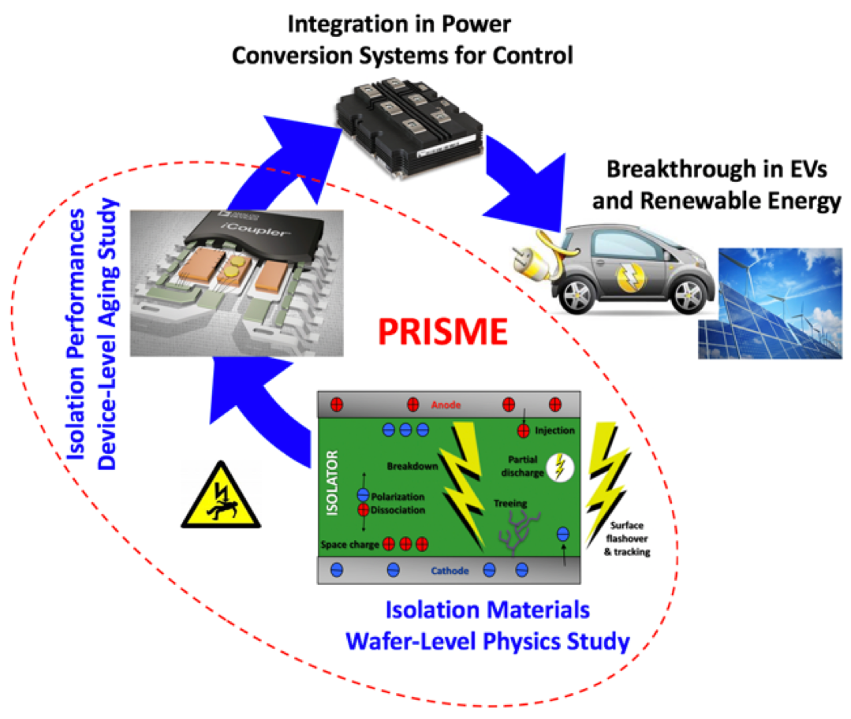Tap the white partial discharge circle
[x=562, y=466]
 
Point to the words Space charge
[x=350, y=545]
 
